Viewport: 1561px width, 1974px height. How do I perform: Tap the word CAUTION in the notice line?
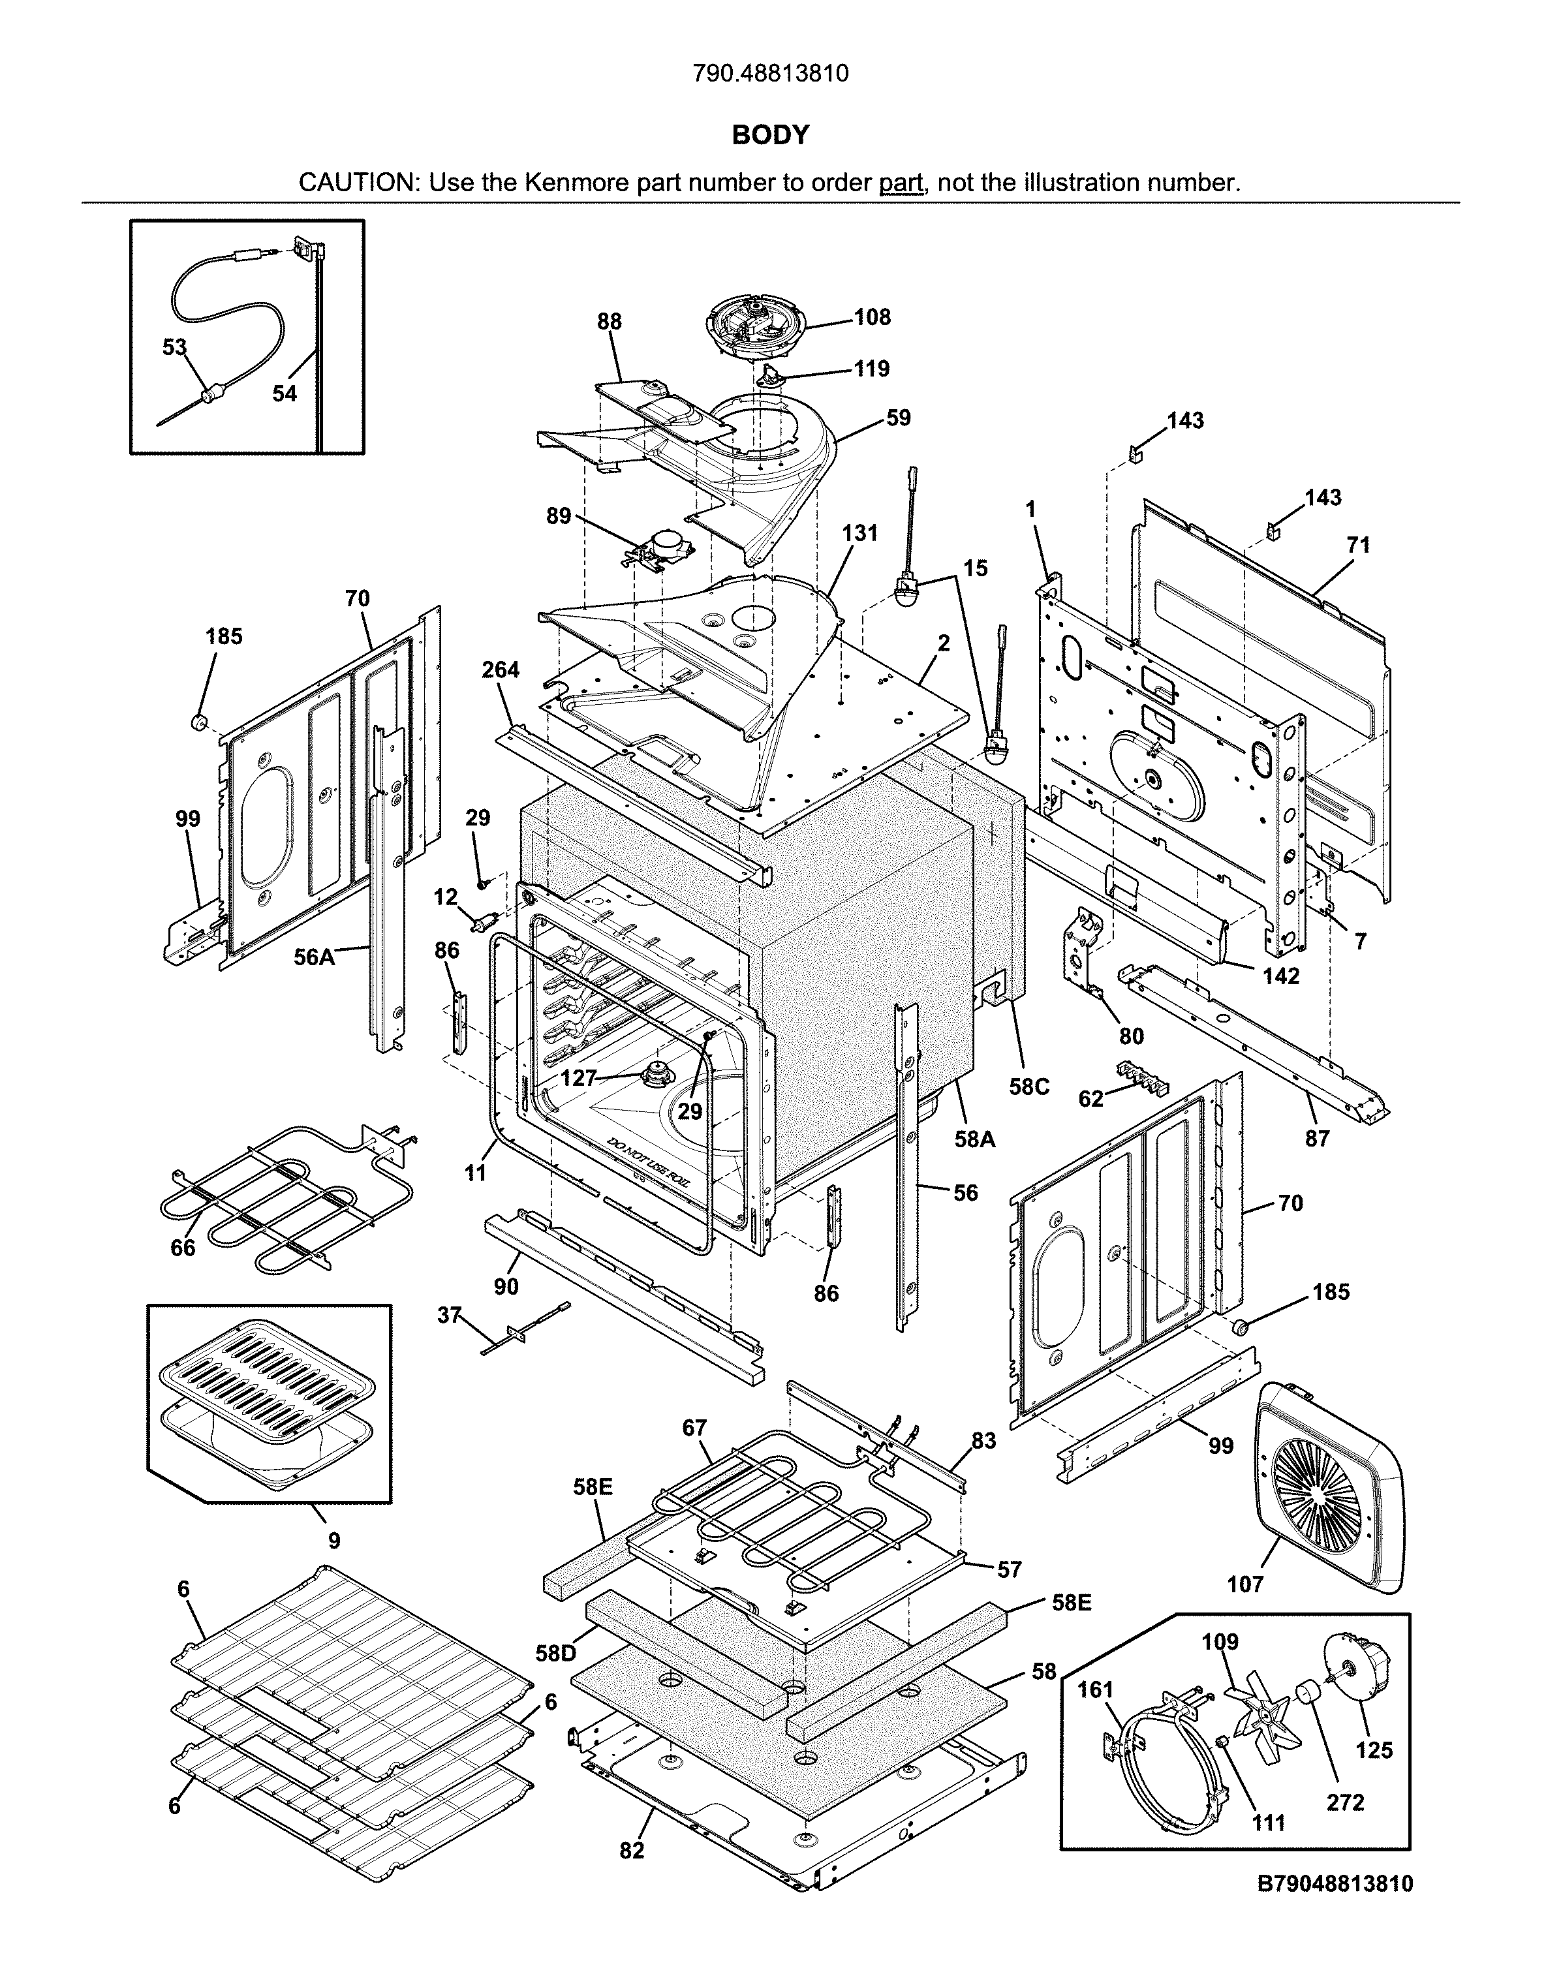tap(358, 183)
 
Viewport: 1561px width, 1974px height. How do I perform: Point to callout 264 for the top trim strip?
tap(500, 670)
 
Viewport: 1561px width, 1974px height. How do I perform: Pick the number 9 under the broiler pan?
tap(335, 1541)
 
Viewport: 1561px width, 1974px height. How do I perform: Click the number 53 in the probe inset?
tap(174, 347)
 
